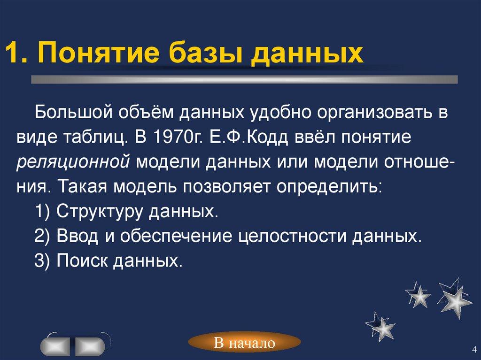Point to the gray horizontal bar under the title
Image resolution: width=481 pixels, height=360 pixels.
pos(244,79)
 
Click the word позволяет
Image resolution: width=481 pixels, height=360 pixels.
pos(226,187)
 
